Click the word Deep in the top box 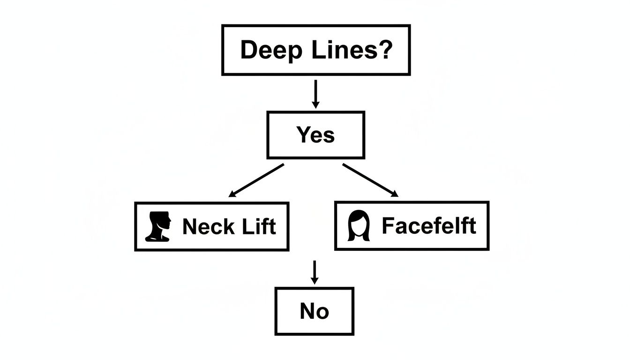coord(270,50)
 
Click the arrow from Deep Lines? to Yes coord(315,94)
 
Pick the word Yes coord(315,135)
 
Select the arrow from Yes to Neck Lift coord(256,180)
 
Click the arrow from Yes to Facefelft coord(370,180)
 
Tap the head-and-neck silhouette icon coord(159,226)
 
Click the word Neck coord(208,227)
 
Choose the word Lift coord(259,227)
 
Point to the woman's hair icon coord(359,225)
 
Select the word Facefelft coord(428,226)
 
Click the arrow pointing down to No coord(315,272)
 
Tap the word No coord(314,311)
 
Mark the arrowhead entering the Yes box coord(315,105)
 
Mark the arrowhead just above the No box coord(315,280)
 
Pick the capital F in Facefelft coord(388,226)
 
